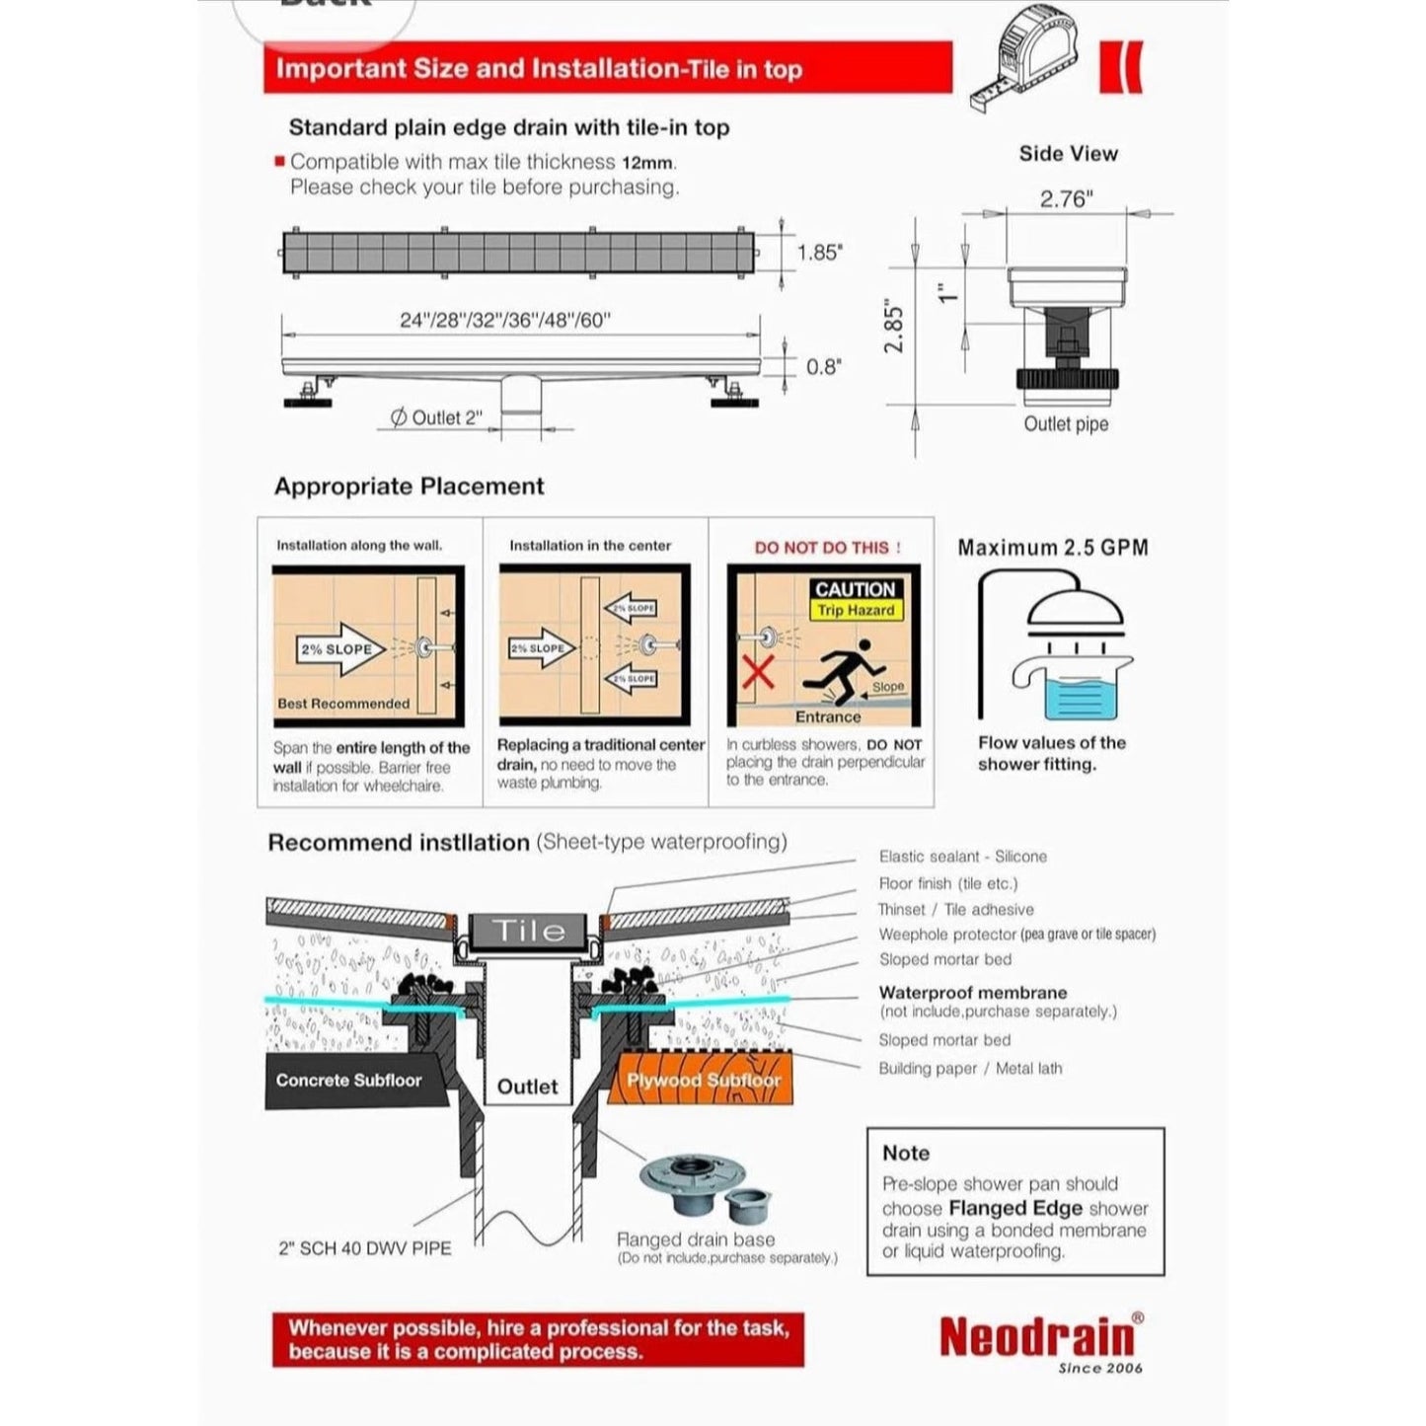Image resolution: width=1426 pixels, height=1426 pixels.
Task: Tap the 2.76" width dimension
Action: tap(1066, 198)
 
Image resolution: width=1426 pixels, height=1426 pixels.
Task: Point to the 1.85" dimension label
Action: tap(820, 253)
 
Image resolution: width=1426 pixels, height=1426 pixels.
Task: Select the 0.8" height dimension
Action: tap(823, 367)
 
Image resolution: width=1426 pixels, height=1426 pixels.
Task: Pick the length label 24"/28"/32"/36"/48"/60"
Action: tap(505, 320)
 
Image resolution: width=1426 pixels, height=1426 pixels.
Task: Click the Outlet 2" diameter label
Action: tap(437, 417)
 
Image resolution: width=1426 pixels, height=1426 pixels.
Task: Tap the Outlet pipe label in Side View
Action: tap(1066, 423)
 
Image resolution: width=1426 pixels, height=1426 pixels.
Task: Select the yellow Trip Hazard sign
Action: tap(855, 610)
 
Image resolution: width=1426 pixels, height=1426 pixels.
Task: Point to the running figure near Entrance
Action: tap(838, 670)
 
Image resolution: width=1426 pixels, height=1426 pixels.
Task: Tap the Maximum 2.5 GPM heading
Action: tap(1053, 548)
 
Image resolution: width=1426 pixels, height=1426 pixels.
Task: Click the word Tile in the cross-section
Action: tap(528, 930)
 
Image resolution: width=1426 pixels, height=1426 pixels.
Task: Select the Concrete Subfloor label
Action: tap(348, 1080)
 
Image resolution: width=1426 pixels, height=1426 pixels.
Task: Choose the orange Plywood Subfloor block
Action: tap(703, 1080)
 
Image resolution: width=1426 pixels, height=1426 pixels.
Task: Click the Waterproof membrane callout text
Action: tap(972, 993)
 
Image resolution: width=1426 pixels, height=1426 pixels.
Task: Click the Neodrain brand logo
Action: tap(1036, 1337)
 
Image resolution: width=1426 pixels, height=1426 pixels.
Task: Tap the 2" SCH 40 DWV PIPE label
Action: tap(364, 1248)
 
